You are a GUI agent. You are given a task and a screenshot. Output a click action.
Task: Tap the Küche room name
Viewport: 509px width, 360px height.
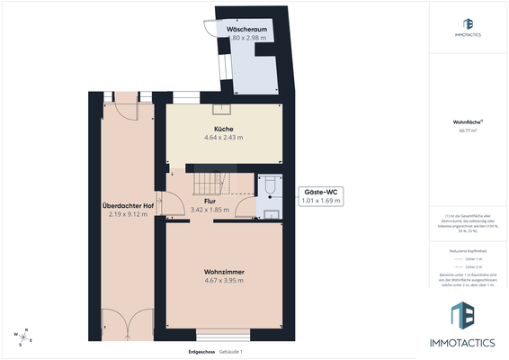[224, 129]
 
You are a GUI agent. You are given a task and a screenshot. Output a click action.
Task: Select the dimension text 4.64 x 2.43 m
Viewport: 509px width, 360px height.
[224, 138]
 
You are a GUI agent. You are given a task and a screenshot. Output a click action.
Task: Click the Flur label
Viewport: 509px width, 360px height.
[210, 201]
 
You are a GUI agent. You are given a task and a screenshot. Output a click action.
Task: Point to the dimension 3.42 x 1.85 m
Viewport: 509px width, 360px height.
[210, 210]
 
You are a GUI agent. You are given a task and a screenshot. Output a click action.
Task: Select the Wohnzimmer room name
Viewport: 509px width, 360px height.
[224, 272]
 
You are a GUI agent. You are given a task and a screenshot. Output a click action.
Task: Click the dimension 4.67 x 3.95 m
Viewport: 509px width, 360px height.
[224, 281]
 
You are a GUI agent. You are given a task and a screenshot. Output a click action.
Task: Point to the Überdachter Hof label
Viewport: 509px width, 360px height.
[129, 205]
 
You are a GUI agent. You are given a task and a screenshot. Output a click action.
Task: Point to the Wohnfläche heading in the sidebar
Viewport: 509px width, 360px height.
[468, 121]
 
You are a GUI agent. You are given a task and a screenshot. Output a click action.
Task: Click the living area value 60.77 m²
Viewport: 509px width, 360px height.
[468, 130]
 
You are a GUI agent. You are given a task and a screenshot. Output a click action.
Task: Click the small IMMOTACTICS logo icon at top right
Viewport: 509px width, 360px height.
[468, 24]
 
